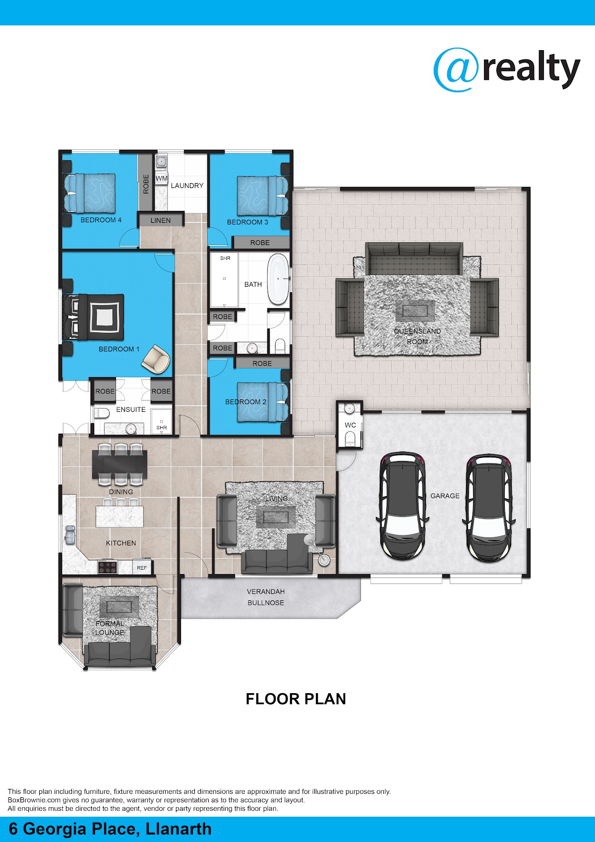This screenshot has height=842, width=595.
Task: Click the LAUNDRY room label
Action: click(x=187, y=186)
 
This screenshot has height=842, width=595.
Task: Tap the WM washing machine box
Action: click(x=162, y=178)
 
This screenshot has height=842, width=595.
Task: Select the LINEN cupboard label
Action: click(x=160, y=221)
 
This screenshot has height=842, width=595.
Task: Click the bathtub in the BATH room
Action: click(x=278, y=278)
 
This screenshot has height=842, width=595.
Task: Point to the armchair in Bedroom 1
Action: click(x=156, y=359)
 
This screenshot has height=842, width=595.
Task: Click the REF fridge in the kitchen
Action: click(x=142, y=568)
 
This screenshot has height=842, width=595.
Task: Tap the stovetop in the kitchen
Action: click(x=108, y=567)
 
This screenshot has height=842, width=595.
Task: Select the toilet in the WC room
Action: click(x=350, y=438)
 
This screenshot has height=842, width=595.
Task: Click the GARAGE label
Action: click(x=445, y=496)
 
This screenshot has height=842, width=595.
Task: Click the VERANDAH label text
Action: click(x=266, y=591)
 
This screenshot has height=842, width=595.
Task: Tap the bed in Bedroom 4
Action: click(x=89, y=193)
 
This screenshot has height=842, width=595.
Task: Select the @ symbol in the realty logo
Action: click(x=456, y=69)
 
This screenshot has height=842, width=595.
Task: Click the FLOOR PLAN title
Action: click(x=296, y=699)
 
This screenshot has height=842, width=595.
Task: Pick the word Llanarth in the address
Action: click(x=178, y=829)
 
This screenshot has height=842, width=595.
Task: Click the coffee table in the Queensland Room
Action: click(x=415, y=311)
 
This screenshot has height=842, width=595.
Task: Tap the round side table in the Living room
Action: click(x=324, y=560)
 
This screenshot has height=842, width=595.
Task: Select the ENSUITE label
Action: click(x=131, y=409)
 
